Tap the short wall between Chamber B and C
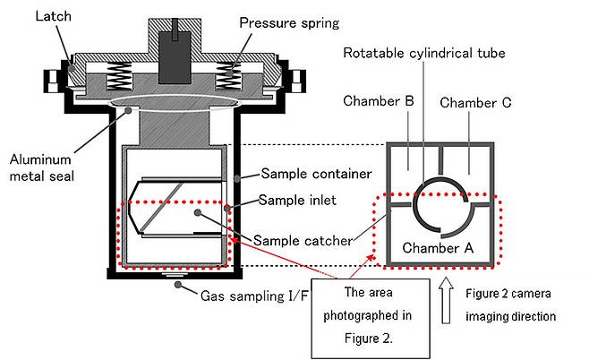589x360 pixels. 439,159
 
